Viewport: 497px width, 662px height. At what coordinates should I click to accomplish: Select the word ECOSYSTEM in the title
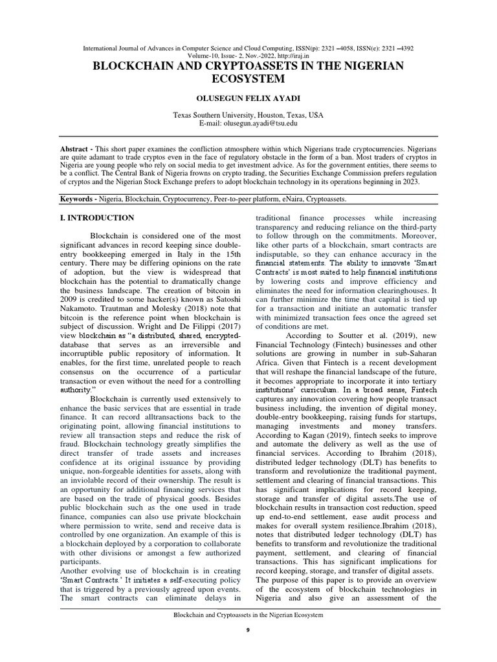pyautogui.click(x=248, y=80)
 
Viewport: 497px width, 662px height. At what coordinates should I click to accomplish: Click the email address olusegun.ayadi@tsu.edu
pyautogui.click(x=268, y=123)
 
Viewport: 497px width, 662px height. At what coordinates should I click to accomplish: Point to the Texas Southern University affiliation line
pyautogui.click(x=248, y=114)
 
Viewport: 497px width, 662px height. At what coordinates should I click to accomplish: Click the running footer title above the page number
pyautogui.click(x=248, y=615)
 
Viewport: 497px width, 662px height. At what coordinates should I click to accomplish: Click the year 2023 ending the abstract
pyautogui.click(x=410, y=182)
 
